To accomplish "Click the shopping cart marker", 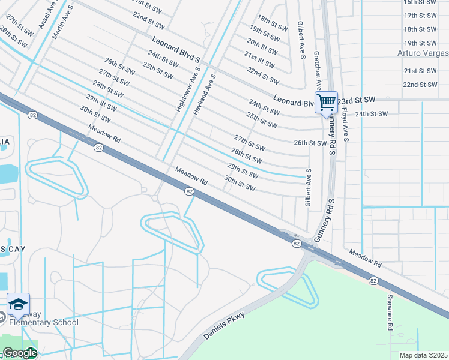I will point(326,101).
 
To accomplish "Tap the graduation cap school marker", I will point(18,304).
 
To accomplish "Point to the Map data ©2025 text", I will point(423,355).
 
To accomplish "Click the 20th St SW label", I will point(262,44).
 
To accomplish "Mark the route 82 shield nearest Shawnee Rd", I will point(373,280).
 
